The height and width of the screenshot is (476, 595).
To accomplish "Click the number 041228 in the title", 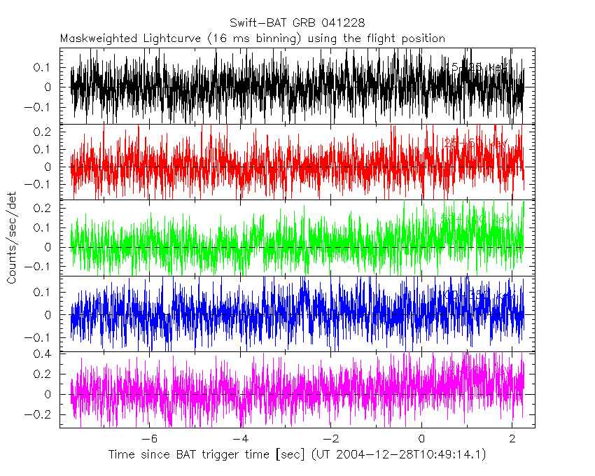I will coord(342,23).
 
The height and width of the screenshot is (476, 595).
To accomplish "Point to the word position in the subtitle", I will coord(421,38).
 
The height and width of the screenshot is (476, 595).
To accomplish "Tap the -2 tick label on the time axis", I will coord(330,438).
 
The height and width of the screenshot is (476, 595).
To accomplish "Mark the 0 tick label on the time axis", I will coord(421,438).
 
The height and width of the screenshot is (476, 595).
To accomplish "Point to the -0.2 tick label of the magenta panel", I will coord(43,414).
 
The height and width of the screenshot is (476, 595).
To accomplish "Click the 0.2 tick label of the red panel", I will coord(47,132).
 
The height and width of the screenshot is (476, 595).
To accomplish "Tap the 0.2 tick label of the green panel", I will coord(47,208).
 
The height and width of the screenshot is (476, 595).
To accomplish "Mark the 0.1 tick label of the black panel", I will coord(47,67).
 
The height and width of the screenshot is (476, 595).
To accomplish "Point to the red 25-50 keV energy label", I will coord(476,143).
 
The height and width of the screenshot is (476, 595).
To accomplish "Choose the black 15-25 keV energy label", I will coord(479,68).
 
